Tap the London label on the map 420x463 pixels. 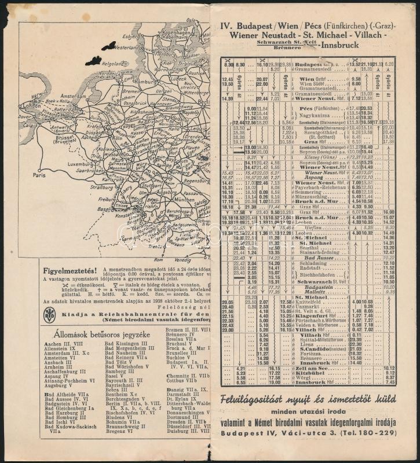tap(30, 106)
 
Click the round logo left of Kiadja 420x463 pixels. tap(50, 315)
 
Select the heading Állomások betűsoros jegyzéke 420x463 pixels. tap(93, 335)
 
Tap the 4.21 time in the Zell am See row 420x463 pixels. tap(242, 369)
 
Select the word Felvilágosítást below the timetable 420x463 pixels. tap(259, 400)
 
